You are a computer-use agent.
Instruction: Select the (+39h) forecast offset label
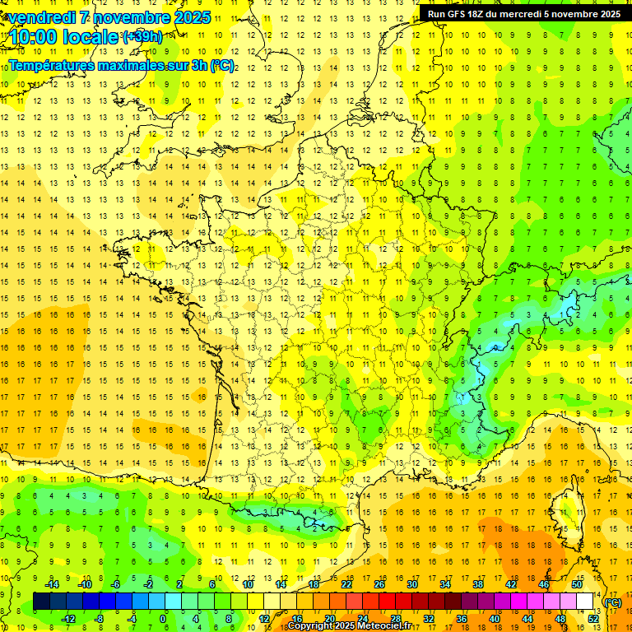142,36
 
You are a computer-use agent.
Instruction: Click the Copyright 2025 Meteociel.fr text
349,626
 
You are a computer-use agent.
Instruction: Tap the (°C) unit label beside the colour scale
614,602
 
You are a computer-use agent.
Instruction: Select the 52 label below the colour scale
593,619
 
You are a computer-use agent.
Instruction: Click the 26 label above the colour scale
379,584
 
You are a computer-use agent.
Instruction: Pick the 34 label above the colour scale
445,584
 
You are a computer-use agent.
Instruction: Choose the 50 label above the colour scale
577,584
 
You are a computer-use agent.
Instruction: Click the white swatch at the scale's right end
585,602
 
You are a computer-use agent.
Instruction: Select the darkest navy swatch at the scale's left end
41,602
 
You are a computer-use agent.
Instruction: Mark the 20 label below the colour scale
330,619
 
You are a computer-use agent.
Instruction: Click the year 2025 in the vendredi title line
190,17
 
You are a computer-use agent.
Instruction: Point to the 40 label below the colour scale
495,619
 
